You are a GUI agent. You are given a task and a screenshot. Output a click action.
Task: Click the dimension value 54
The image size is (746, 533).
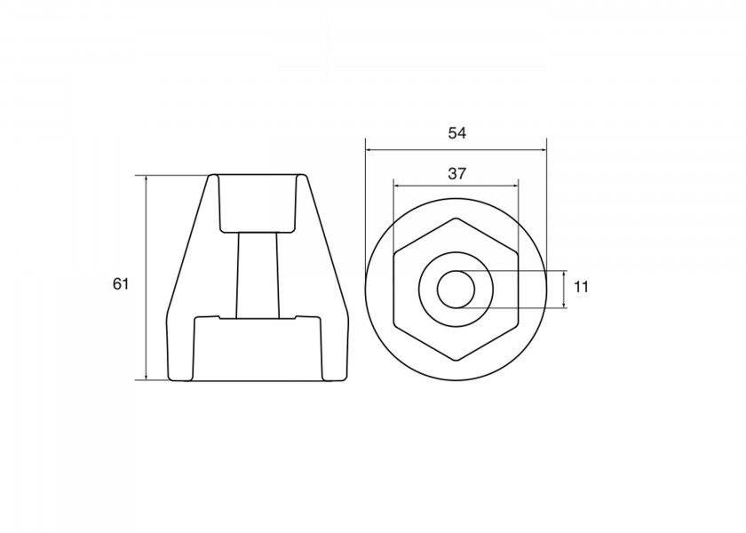(x=456, y=133)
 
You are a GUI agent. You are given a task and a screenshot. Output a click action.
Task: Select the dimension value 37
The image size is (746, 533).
(x=456, y=174)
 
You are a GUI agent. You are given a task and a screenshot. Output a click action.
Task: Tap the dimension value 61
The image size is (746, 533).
(x=121, y=284)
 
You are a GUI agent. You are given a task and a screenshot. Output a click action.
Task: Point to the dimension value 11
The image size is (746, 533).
(x=581, y=287)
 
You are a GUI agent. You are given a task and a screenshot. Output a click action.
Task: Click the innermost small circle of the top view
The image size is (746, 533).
(x=456, y=271)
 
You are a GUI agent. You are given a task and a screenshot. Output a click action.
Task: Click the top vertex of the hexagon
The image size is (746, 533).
(x=456, y=219)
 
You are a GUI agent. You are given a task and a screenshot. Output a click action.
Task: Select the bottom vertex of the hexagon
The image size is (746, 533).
(x=456, y=361)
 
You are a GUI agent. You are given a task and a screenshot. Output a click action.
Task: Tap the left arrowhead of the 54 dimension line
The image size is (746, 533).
(x=369, y=150)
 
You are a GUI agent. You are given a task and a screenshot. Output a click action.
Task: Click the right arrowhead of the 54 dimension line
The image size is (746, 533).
(x=543, y=150)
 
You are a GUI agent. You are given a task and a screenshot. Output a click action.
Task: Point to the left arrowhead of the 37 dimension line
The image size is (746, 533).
(x=397, y=186)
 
